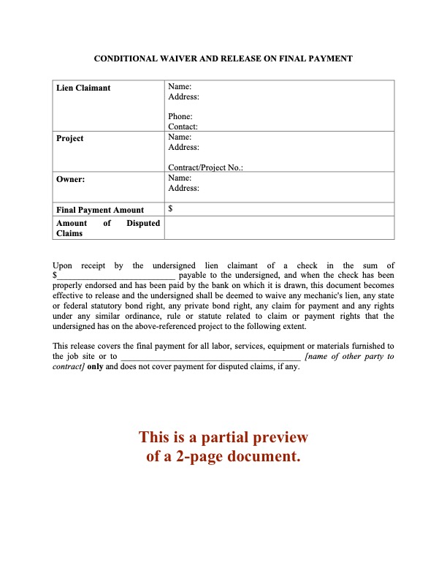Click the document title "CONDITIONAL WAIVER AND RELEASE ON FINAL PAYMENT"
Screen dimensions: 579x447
point(223,58)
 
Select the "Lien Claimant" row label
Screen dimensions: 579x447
point(83,88)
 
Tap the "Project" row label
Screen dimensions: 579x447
point(69,138)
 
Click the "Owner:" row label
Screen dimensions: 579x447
point(72,178)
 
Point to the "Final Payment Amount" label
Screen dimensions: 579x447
point(100,210)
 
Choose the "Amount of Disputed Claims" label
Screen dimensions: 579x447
point(107,228)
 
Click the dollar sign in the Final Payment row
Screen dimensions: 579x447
point(170,209)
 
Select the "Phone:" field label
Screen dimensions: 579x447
point(180,116)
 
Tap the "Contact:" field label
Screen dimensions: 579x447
point(183,126)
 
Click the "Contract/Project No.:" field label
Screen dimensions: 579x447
point(205,167)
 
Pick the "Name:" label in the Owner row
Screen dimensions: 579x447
point(180,178)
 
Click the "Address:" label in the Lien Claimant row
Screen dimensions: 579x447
point(183,96)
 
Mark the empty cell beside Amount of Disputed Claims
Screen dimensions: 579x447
point(279,228)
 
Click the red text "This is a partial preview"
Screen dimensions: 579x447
point(223,438)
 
